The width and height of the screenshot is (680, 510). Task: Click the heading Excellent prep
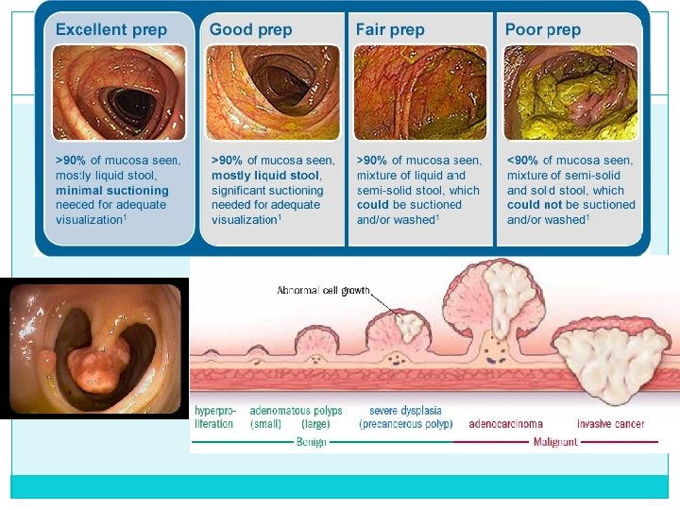[110, 29]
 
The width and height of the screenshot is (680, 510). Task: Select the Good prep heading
[250, 29]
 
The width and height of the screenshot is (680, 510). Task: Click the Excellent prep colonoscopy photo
[118, 93]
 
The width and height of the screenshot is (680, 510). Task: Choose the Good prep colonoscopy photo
[274, 93]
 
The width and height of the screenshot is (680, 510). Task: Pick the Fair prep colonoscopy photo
[420, 93]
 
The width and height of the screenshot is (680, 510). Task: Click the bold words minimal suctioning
[112, 190]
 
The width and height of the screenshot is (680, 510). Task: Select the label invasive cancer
[610, 424]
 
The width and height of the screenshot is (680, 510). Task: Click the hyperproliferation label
[215, 417]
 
